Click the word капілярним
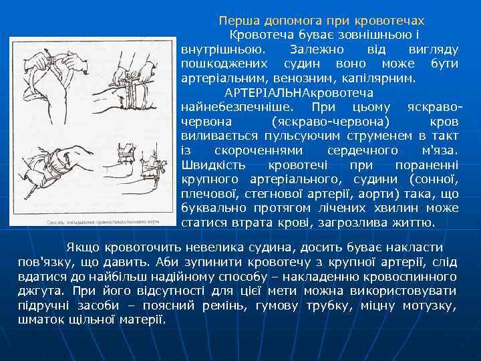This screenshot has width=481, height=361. (383, 78)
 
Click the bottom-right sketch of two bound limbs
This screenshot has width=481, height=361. (134, 174)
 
